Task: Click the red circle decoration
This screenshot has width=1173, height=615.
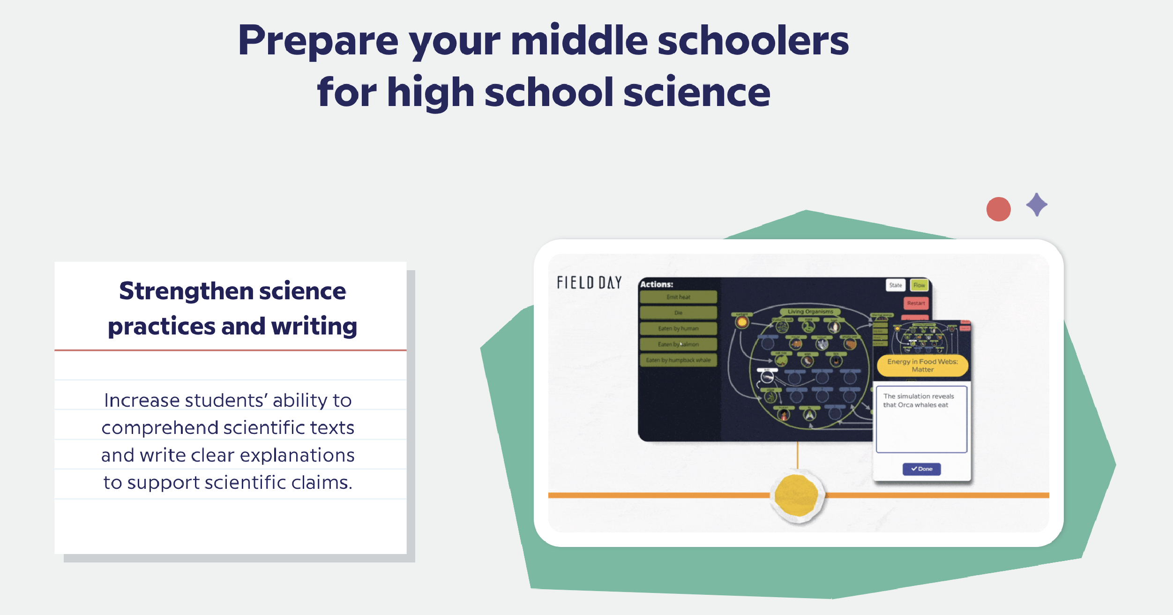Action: pyautogui.click(x=998, y=209)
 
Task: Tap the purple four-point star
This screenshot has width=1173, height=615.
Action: pyautogui.click(x=1037, y=205)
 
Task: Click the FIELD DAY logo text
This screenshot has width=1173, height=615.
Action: pyautogui.click(x=589, y=282)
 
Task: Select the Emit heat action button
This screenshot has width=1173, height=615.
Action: pyautogui.click(x=678, y=297)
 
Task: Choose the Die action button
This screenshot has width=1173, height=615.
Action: pyautogui.click(x=678, y=313)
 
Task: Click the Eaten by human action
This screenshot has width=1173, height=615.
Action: pyautogui.click(x=678, y=328)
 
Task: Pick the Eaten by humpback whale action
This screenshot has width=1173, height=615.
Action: pyautogui.click(x=678, y=360)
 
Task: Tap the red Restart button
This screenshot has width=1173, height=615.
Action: pyautogui.click(x=916, y=303)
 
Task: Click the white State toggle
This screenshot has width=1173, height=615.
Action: pyautogui.click(x=896, y=285)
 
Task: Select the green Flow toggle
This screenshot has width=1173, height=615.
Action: pyautogui.click(x=919, y=285)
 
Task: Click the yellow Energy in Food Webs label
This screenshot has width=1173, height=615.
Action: pyautogui.click(x=922, y=365)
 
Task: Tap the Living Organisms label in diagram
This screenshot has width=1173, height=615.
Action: pyautogui.click(x=810, y=311)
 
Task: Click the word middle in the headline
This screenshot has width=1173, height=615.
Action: pyautogui.click(x=579, y=41)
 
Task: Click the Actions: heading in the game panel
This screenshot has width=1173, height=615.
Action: pyautogui.click(x=657, y=284)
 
